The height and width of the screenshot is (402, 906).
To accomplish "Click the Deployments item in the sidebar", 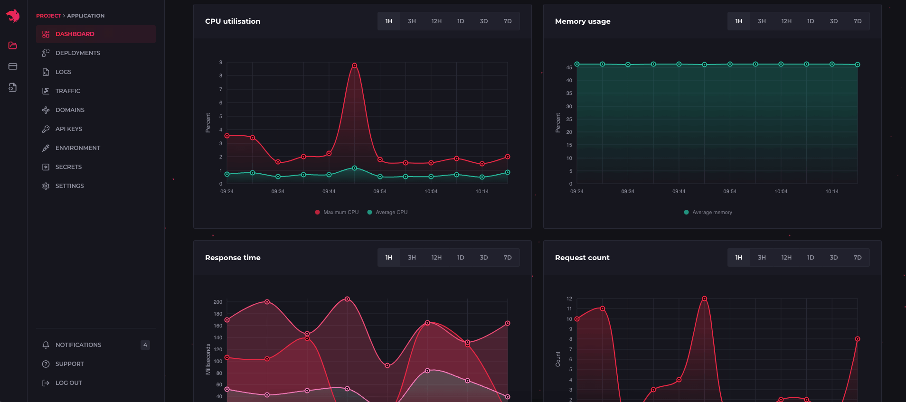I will click(x=77, y=53).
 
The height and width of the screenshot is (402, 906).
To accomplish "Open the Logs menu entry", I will click(x=63, y=72).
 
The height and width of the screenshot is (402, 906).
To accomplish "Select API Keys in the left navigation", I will click(x=68, y=129).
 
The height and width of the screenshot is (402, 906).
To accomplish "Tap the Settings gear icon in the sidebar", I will click(x=46, y=186).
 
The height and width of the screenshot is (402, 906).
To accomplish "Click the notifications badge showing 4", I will click(x=145, y=345).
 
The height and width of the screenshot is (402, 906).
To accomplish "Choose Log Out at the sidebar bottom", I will click(x=68, y=383).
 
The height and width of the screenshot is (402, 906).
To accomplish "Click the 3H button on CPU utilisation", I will click(x=412, y=21).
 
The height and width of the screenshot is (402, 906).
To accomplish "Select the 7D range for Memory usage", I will click(x=857, y=21).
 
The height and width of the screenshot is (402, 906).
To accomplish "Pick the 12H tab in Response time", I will click(x=436, y=258).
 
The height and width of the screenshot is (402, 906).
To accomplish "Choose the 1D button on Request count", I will click(x=810, y=258).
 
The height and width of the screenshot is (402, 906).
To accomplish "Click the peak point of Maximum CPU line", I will click(x=354, y=65).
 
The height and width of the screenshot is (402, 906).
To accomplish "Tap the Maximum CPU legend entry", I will click(x=337, y=212).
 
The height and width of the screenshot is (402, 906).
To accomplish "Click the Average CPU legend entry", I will click(x=387, y=212).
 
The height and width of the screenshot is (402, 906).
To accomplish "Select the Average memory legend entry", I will click(x=708, y=212).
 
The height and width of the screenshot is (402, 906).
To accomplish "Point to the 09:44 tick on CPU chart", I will click(x=329, y=192).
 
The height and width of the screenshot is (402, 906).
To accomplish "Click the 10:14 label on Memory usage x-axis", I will click(x=832, y=192).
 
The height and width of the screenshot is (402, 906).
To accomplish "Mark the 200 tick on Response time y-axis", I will click(x=217, y=302).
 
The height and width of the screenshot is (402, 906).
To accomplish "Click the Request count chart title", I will click(x=582, y=258).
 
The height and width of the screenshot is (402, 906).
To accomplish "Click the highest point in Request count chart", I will click(x=704, y=299).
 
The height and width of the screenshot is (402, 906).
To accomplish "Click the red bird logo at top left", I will click(x=13, y=16).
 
